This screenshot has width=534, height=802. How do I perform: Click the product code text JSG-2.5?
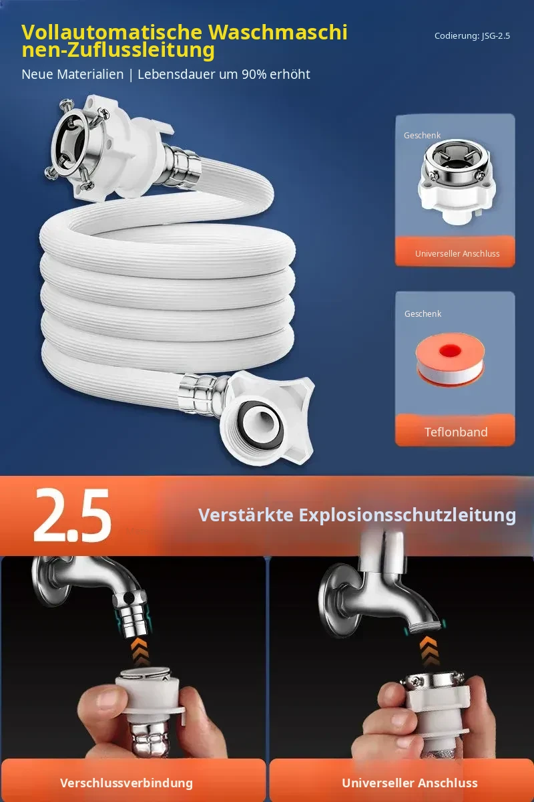click(496, 36)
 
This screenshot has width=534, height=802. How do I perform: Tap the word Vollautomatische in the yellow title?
click(112, 32)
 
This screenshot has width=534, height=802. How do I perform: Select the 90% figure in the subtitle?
click(254, 74)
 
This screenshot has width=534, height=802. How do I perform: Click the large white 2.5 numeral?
click(72, 515)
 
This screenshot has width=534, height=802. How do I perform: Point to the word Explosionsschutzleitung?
click(407, 515)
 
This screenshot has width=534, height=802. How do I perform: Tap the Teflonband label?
click(456, 432)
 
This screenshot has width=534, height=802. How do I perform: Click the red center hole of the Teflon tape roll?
click(450, 351)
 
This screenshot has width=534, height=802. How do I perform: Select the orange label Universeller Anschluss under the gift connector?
click(457, 253)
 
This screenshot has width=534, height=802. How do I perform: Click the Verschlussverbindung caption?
click(126, 783)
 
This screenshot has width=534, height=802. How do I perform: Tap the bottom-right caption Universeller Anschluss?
click(410, 783)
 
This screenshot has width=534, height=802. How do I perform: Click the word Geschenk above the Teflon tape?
click(423, 313)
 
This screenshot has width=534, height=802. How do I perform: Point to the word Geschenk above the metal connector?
click(422, 135)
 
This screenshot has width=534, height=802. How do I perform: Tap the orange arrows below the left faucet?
click(141, 652)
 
